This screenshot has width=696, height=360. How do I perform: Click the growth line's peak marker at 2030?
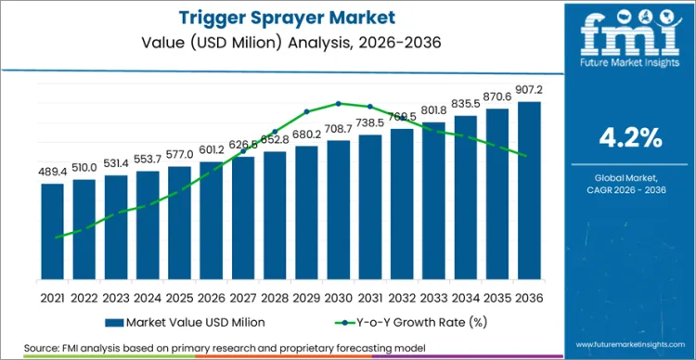pos(339,103)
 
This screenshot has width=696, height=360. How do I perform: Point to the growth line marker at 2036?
pos(529,156)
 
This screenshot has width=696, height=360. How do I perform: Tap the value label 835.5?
pos(465,106)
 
